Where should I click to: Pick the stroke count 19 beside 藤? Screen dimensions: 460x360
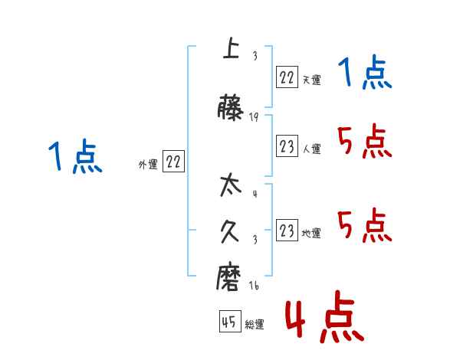click(x=254, y=116)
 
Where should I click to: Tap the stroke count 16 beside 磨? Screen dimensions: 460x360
click(x=254, y=286)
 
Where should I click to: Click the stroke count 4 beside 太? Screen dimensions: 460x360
click(x=254, y=192)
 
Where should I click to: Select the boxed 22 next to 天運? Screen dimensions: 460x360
click(x=287, y=77)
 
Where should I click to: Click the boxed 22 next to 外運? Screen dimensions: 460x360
click(x=173, y=162)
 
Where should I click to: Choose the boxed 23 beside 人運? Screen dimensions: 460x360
click(x=287, y=147)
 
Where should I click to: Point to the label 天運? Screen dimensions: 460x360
click(x=310, y=79)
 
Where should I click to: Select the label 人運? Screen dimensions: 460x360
click(x=310, y=149)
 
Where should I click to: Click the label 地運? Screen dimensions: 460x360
click(x=310, y=233)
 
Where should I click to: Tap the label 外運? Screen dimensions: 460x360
click(x=147, y=164)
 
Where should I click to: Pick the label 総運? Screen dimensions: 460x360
click(x=254, y=324)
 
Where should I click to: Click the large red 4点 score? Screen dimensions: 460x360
click(x=324, y=320)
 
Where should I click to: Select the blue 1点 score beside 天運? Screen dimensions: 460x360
click(x=365, y=74)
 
